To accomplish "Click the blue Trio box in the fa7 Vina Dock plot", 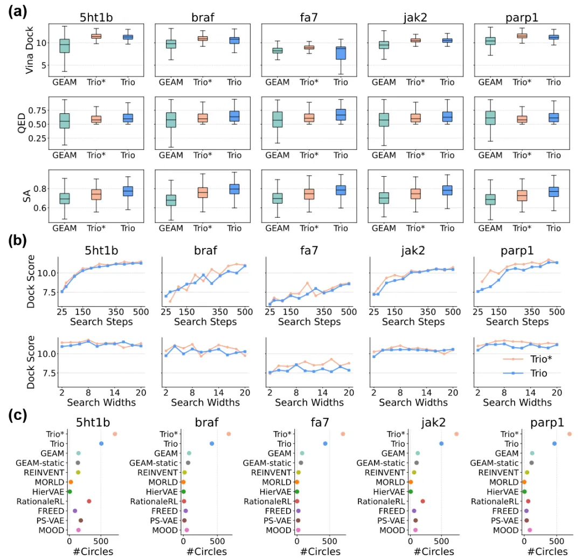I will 341,53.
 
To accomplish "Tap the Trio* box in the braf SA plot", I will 202,192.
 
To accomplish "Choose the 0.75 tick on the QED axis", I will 38,110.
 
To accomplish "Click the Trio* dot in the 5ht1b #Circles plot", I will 115,434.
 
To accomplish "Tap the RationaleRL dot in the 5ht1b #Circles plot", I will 89,501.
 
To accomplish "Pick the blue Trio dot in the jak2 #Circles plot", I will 441,444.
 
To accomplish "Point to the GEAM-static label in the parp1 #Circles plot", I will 494,463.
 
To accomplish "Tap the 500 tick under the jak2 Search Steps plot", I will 452,311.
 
